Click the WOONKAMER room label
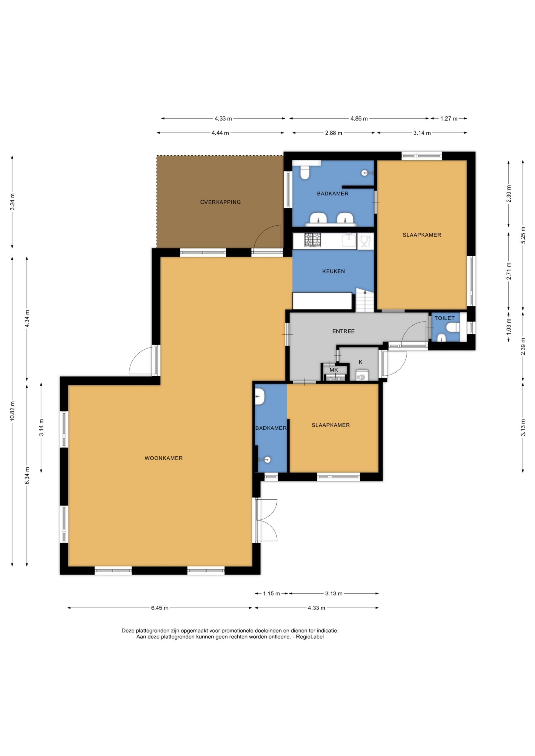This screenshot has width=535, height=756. [x=163, y=458]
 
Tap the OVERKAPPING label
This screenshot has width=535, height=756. [x=220, y=202]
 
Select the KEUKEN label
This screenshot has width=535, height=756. [x=333, y=271]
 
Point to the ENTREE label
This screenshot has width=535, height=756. [x=343, y=331]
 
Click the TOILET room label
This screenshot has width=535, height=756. [x=444, y=318]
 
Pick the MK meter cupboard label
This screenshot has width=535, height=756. [x=334, y=370]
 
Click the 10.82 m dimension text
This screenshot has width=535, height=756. [x=13, y=411]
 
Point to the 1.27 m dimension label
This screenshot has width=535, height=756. [x=449, y=119]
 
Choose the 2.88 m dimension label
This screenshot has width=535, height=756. [x=333, y=133]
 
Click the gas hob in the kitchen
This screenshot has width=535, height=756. [x=313, y=240]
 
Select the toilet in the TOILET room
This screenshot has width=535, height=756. [x=453, y=328]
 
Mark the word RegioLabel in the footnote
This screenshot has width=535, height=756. [x=310, y=637]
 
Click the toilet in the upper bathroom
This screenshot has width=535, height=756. [x=305, y=172]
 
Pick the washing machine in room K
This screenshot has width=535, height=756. [x=362, y=375]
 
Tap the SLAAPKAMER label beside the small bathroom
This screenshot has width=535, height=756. [x=331, y=425]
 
